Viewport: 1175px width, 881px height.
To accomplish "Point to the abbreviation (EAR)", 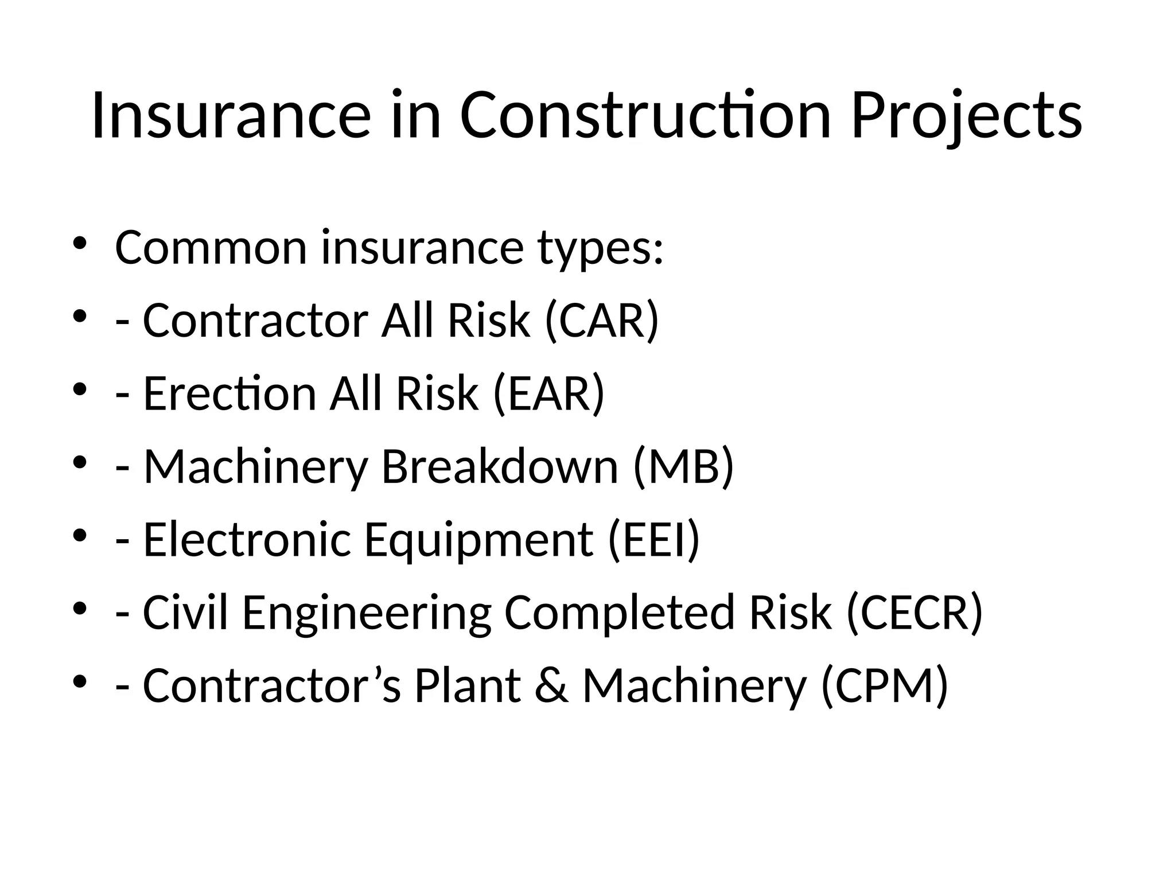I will pyautogui.click(x=548, y=393).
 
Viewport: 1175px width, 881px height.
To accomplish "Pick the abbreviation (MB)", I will pyautogui.click(x=683, y=466).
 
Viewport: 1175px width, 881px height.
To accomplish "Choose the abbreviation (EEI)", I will pyautogui.click(x=654, y=539).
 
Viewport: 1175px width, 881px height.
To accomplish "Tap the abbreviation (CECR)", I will pyautogui.click(x=915, y=612).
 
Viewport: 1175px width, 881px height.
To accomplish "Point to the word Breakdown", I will pyautogui.click(x=500, y=466).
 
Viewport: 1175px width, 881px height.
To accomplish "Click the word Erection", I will pyautogui.click(x=229, y=393).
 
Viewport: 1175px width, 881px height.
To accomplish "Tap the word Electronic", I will pyautogui.click(x=247, y=539).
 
